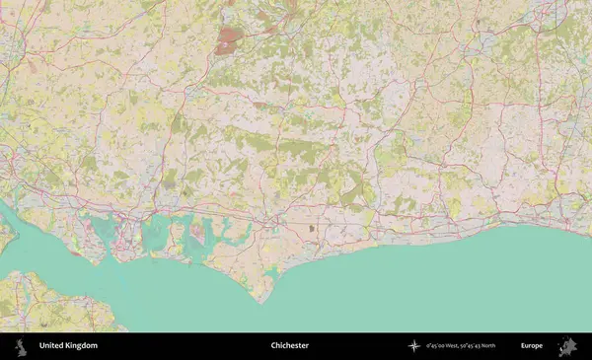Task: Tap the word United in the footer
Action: (x=50, y=346)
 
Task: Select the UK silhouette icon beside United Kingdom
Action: (x=20, y=346)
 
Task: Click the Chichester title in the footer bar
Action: (x=290, y=346)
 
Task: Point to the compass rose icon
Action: (x=415, y=346)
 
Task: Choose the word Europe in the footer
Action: (x=532, y=346)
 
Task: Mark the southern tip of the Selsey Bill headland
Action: (x=262, y=301)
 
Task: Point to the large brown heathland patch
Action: (x=229, y=39)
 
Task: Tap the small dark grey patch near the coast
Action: (x=313, y=228)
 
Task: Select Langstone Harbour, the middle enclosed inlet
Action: (x=156, y=233)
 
